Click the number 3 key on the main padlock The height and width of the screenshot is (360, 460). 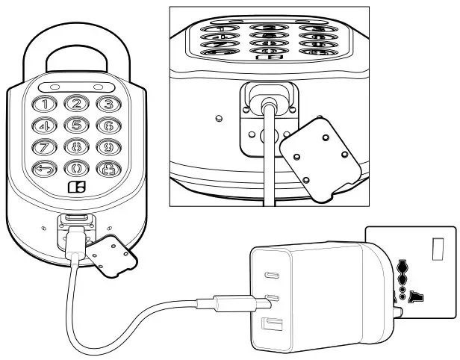pos(108,105)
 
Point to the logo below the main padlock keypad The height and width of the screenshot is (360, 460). pos(76,187)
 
